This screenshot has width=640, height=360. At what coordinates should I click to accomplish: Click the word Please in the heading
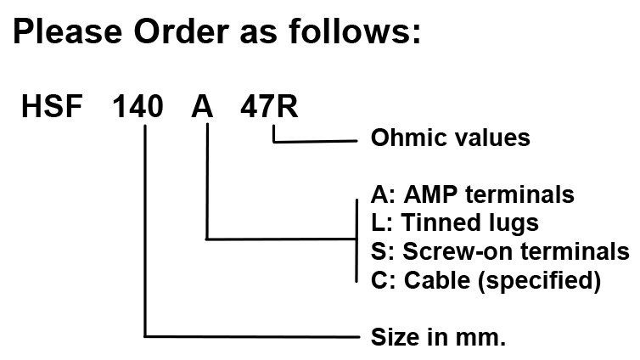click(x=65, y=32)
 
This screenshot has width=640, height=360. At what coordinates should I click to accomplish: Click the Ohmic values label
click(x=451, y=138)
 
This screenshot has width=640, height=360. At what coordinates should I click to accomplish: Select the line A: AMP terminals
click(x=473, y=194)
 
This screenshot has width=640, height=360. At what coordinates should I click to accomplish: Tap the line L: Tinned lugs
click(x=455, y=223)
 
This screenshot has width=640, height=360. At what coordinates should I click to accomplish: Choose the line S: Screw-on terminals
click(x=501, y=251)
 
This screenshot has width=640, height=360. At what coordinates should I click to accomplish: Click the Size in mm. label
click(x=439, y=337)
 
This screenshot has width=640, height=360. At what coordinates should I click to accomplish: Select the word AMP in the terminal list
click(x=430, y=194)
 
